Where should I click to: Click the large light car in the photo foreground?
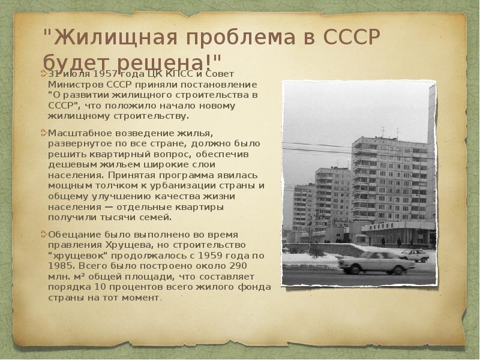tap(376, 263)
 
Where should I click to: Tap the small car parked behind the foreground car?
tap(413, 254)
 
